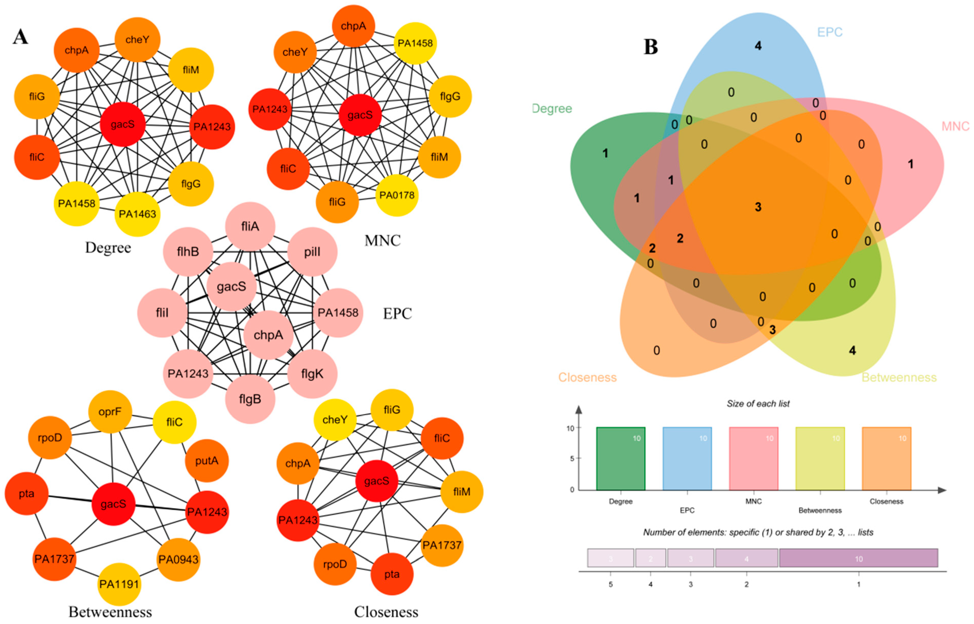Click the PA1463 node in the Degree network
(137, 214)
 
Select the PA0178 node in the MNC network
(397, 195)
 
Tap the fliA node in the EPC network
(250, 226)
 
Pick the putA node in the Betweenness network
(207, 461)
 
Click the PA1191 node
(119, 584)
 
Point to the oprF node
(110, 412)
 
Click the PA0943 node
(178, 560)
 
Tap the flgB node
(250, 399)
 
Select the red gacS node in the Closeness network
(376, 481)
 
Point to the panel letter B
(651, 47)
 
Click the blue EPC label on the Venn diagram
(830, 32)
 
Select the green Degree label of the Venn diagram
(552, 109)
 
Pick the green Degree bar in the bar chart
(621, 459)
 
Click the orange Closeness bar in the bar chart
(887, 459)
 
